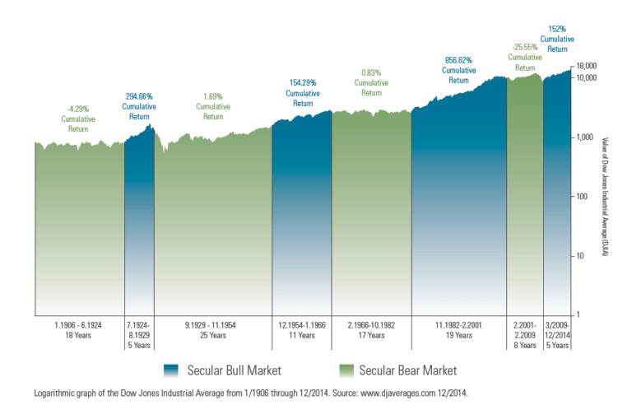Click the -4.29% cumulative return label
79,118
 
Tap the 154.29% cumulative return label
302,93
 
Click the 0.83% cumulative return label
370,81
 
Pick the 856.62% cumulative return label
459,70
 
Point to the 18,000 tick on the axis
587,66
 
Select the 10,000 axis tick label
587,77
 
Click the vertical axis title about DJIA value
606,196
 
